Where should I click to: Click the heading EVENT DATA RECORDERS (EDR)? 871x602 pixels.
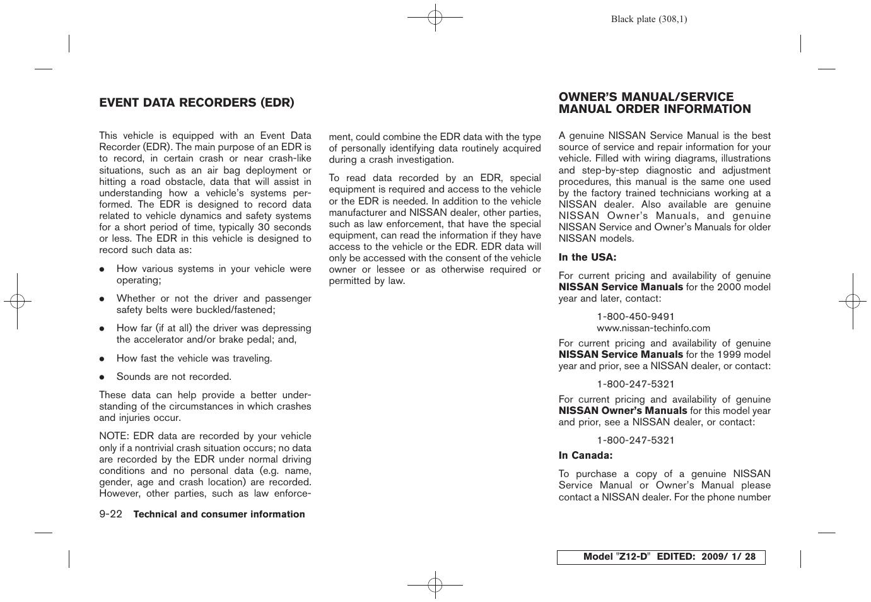click(196, 103)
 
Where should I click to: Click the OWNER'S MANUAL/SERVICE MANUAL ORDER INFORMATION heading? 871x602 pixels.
click(654, 103)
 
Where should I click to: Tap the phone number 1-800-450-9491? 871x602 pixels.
click(635, 317)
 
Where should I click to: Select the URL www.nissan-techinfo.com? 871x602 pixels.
click(653, 328)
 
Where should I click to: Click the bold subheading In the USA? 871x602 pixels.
click(587, 257)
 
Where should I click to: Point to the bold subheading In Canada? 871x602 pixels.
click(585, 456)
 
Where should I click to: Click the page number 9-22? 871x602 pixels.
click(110, 514)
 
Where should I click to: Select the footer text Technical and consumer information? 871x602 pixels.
click(219, 514)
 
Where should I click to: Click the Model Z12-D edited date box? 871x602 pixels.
click(660, 557)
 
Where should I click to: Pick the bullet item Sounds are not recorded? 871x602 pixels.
click(173, 377)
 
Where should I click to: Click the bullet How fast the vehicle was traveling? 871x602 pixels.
click(194, 358)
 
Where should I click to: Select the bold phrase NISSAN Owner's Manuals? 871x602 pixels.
click(623, 411)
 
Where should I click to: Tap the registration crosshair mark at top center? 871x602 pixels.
click(435, 18)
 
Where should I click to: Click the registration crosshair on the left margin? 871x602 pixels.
click(18, 302)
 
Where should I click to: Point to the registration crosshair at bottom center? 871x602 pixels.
click(435, 585)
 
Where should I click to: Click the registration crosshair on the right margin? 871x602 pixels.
click(853, 302)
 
